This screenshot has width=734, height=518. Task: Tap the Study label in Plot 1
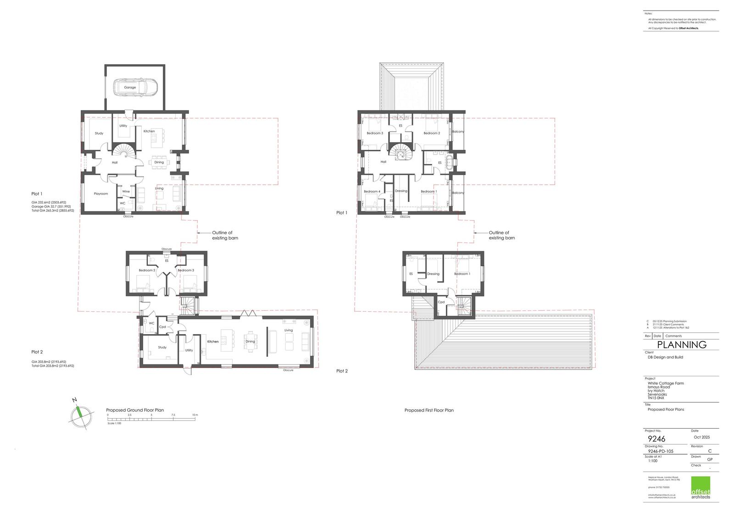tap(99, 133)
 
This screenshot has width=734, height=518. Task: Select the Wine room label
tap(126, 192)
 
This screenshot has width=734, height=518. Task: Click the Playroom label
tap(101, 194)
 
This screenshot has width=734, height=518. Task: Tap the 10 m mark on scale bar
tap(195, 415)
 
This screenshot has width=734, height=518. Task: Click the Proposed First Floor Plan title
tap(429, 410)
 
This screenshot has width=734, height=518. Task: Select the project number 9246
tap(656, 439)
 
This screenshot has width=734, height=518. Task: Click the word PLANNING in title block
tap(682, 345)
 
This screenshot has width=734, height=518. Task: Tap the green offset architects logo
tap(701, 488)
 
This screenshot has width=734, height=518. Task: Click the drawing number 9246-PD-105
tap(661, 452)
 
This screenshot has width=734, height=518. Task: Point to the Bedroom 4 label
tap(372, 192)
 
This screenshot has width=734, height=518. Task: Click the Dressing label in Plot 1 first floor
tap(401, 191)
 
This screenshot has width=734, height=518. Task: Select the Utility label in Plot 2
tap(189, 350)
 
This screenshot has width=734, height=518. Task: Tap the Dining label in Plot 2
tap(250, 342)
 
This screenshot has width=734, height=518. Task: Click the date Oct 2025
tap(702, 437)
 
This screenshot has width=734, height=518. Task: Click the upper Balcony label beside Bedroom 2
tap(458, 132)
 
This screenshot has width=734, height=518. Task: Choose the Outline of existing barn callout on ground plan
tap(225, 236)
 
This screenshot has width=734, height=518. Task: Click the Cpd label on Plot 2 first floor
tap(441, 302)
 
